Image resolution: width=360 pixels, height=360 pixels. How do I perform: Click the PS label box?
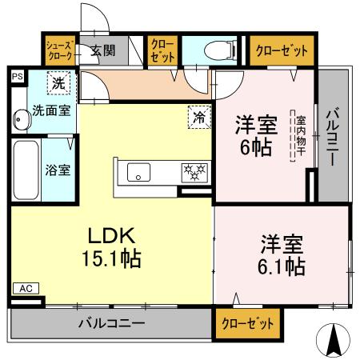click(17, 77)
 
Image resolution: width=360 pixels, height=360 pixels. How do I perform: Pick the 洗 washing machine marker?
click(58, 82)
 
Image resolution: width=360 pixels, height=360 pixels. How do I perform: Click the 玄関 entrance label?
click(102, 50)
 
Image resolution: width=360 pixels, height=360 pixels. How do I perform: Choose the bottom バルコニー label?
click(111, 325)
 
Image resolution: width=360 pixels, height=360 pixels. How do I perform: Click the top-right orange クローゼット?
click(282, 50)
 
